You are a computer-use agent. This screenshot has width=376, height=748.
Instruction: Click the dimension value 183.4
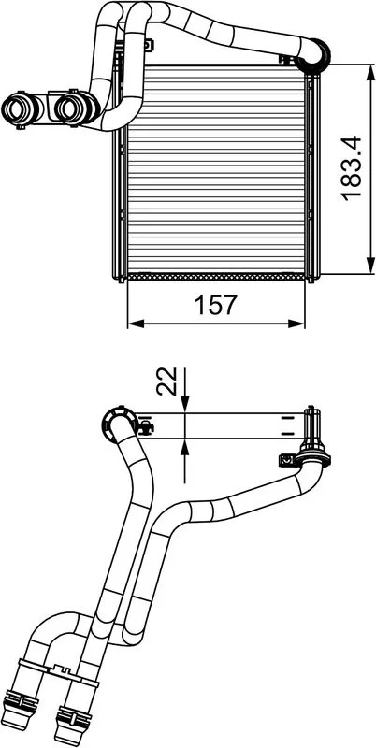coord(351,168)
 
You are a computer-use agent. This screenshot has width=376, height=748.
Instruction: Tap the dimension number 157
coord(216,306)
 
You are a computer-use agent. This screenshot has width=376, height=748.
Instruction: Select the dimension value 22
coord(167,381)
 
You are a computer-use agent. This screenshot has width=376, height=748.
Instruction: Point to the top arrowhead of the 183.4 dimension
coord(370,72)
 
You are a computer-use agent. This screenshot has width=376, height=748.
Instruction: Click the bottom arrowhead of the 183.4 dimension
coord(370,266)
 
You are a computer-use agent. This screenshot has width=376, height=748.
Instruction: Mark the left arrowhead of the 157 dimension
coord(136,324)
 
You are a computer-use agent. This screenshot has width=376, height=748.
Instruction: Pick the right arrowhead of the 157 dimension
coord(296,324)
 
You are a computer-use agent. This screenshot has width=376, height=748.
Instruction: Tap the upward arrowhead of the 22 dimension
coord(184,447)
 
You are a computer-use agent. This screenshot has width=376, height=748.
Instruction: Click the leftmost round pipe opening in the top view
coord(17,108)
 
